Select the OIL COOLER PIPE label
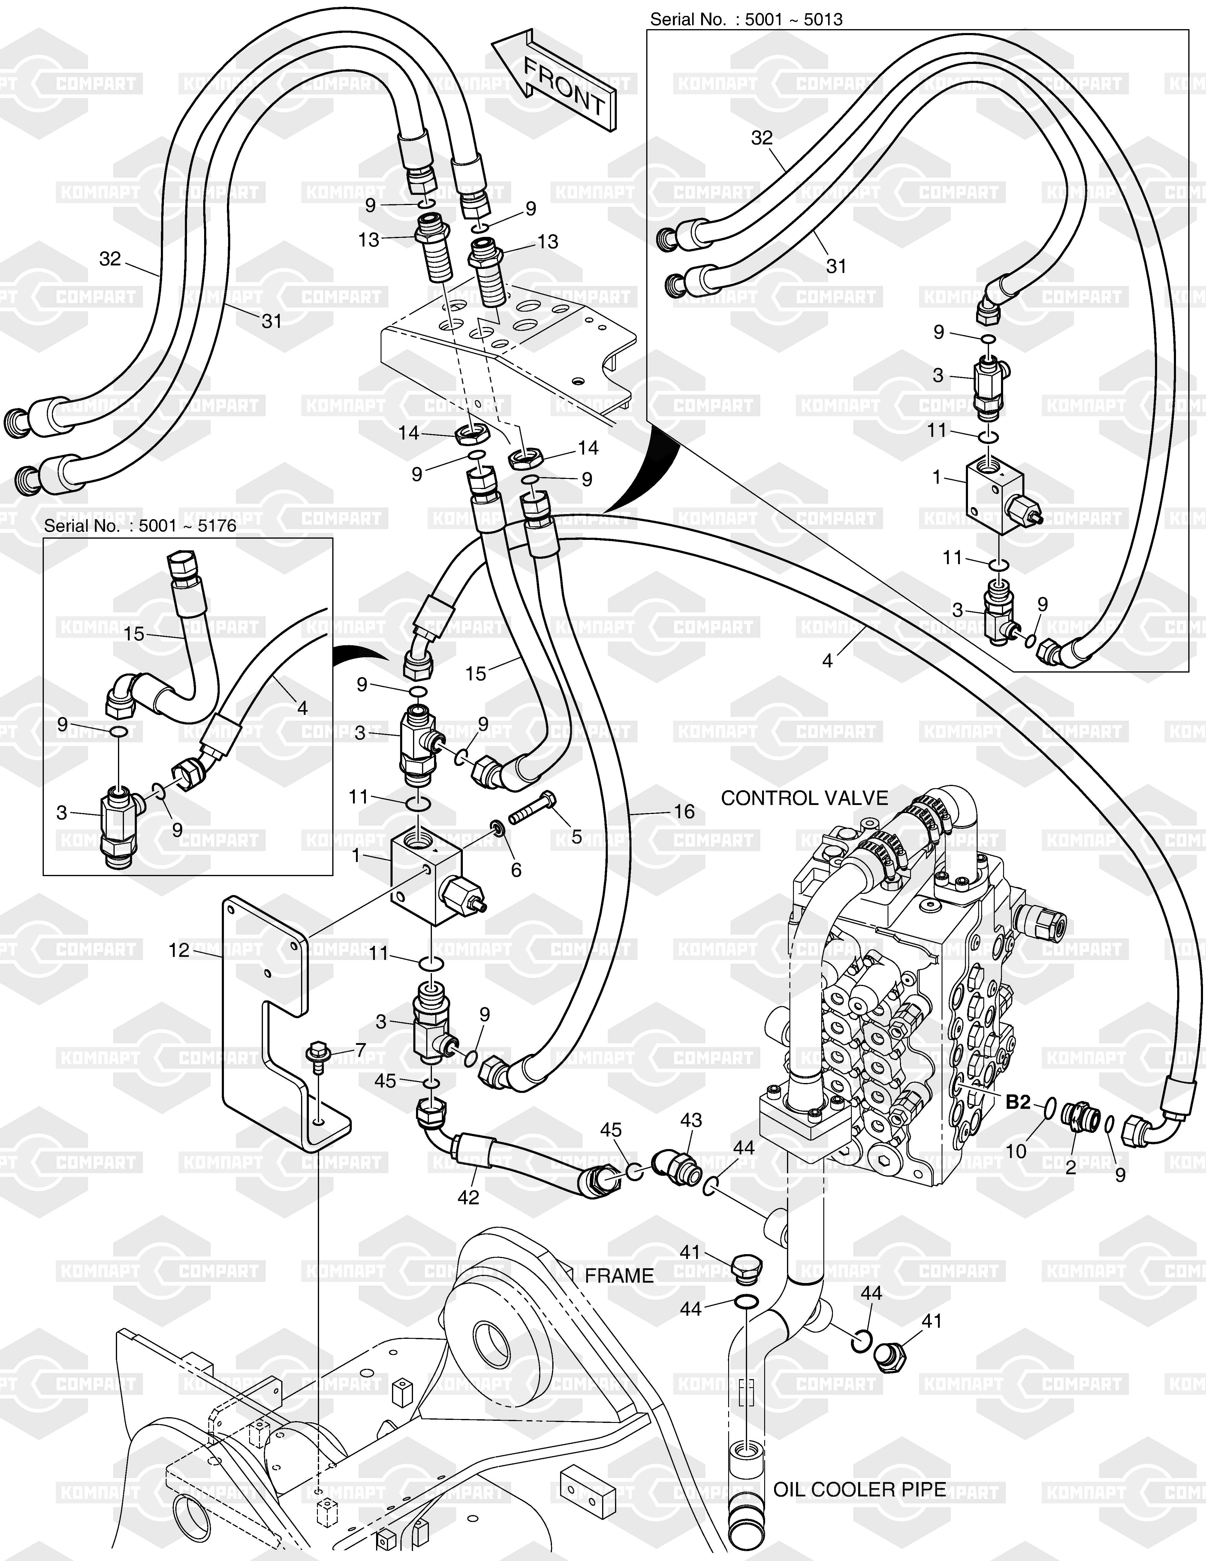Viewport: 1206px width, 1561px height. (860, 1490)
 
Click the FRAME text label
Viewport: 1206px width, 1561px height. (619, 1276)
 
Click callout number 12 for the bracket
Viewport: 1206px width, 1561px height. (179, 950)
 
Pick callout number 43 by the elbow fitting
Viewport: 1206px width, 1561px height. (691, 1120)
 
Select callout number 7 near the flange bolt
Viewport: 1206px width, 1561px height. (360, 1049)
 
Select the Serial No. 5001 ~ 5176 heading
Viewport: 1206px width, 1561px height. (140, 526)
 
